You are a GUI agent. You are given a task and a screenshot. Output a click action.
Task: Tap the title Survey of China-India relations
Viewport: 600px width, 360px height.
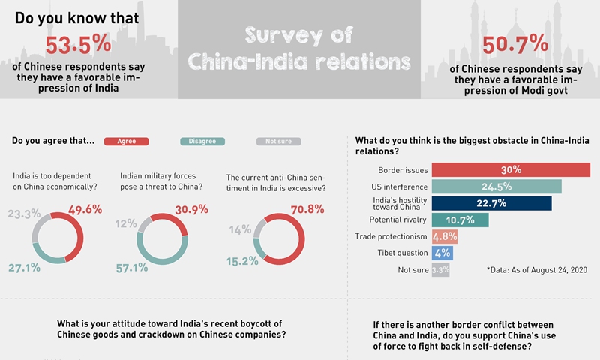[299, 48]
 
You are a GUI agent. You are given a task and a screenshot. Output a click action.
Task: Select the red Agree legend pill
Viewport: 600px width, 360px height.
[127, 141]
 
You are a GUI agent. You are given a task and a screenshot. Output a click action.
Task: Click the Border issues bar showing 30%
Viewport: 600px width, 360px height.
[511, 169]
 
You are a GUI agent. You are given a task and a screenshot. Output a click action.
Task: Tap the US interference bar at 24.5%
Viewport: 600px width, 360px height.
[496, 186]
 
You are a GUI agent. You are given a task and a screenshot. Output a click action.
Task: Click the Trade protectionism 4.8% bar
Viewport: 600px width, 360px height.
[445, 237]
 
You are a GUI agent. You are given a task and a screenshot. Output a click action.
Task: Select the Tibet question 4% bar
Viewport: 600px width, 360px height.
[442, 253]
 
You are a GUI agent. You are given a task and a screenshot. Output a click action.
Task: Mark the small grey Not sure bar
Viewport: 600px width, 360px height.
[441, 270]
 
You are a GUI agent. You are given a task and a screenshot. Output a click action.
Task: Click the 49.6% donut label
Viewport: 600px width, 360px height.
[84, 209]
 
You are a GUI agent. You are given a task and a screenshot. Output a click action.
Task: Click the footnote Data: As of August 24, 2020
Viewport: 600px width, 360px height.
[536, 269]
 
